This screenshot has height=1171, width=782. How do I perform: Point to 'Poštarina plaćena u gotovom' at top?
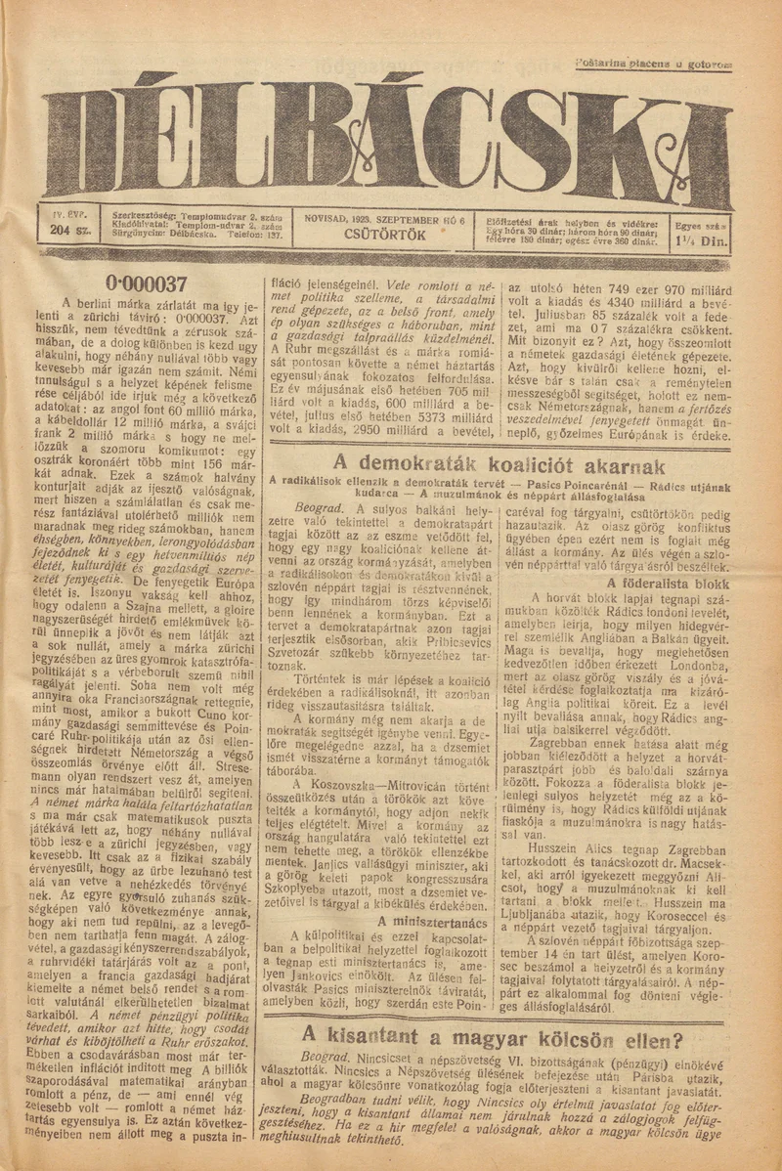tap(653, 64)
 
